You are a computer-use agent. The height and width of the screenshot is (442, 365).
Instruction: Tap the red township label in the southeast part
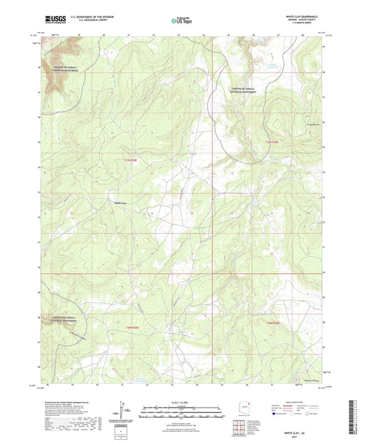273,323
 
